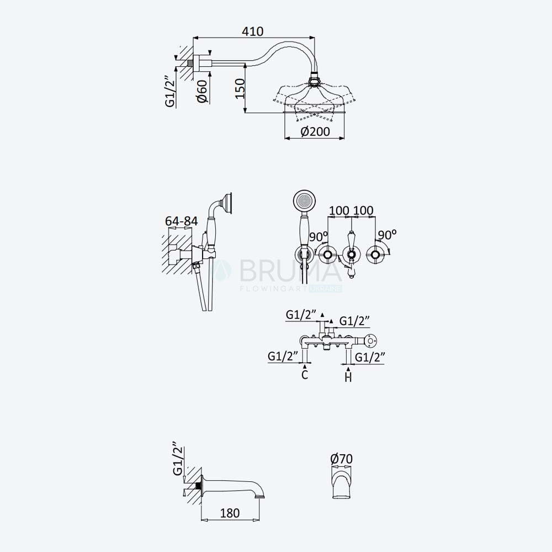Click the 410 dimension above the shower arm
[252, 31]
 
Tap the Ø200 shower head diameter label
[315, 132]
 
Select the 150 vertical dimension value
[240, 88]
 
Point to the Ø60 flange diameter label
[203, 91]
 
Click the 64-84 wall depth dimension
[181, 221]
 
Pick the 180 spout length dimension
[230, 513]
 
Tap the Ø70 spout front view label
[341, 459]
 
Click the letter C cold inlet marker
[305, 375]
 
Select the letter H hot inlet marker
[348, 378]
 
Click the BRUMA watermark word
[290, 270]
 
